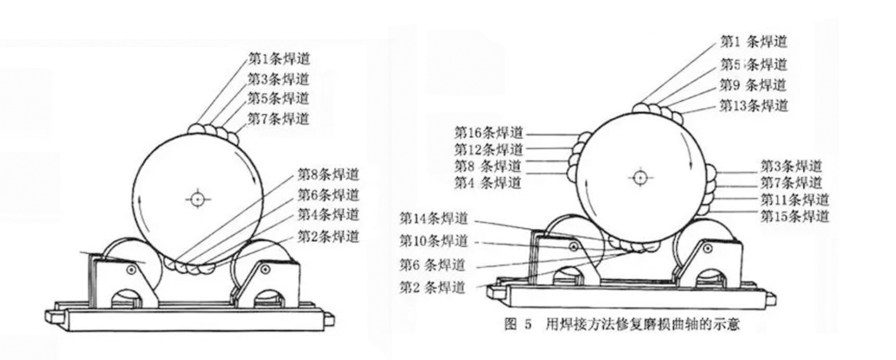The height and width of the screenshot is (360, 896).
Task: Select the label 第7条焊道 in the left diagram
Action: (x=279, y=118)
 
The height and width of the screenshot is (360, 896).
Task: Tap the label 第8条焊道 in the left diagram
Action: (x=328, y=174)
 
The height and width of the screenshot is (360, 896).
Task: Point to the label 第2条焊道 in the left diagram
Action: (x=328, y=236)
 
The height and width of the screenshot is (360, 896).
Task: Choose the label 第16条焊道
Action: (x=489, y=132)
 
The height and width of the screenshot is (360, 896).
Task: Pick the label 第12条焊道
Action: (x=489, y=149)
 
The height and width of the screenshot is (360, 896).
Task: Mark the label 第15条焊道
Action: (x=795, y=216)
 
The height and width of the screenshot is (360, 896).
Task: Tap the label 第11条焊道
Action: (x=795, y=200)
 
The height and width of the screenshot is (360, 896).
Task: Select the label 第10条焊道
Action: (x=433, y=240)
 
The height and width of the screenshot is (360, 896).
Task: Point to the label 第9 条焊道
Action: (x=753, y=85)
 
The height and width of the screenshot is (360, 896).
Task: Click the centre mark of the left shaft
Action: (x=198, y=199)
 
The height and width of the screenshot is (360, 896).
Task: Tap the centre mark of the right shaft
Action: (x=639, y=176)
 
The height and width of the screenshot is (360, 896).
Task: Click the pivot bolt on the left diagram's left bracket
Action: (x=132, y=270)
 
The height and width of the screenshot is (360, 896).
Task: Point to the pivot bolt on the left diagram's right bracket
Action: (x=265, y=269)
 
